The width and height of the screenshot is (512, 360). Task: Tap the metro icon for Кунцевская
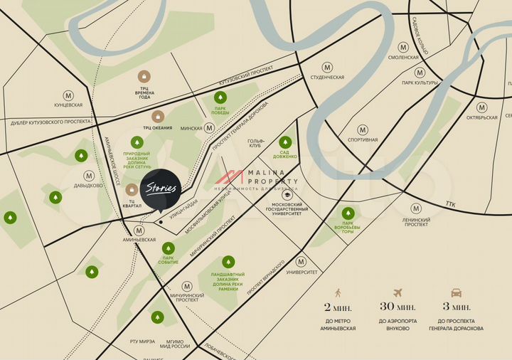coord(68,95)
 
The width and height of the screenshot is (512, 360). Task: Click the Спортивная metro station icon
coord(363,129)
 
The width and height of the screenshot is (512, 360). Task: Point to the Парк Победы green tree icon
coord(220,97)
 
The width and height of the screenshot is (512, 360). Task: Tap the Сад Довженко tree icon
coord(285,142)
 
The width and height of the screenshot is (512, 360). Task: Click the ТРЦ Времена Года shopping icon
coord(144,75)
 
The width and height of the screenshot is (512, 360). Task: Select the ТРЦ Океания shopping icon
coord(158,116)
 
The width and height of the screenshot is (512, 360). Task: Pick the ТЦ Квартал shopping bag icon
coord(132,189)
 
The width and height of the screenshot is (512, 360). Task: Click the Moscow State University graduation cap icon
coord(287,194)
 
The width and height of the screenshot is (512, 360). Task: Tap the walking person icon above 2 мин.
coord(338,292)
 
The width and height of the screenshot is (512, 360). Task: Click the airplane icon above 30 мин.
coord(397,292)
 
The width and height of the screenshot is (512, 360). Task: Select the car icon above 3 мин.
coord(456,292)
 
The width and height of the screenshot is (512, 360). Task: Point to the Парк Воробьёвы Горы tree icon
coord(348,213)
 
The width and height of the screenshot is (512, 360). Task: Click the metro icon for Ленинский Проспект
coord(417,209)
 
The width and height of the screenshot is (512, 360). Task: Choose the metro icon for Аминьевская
coord(139,231)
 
